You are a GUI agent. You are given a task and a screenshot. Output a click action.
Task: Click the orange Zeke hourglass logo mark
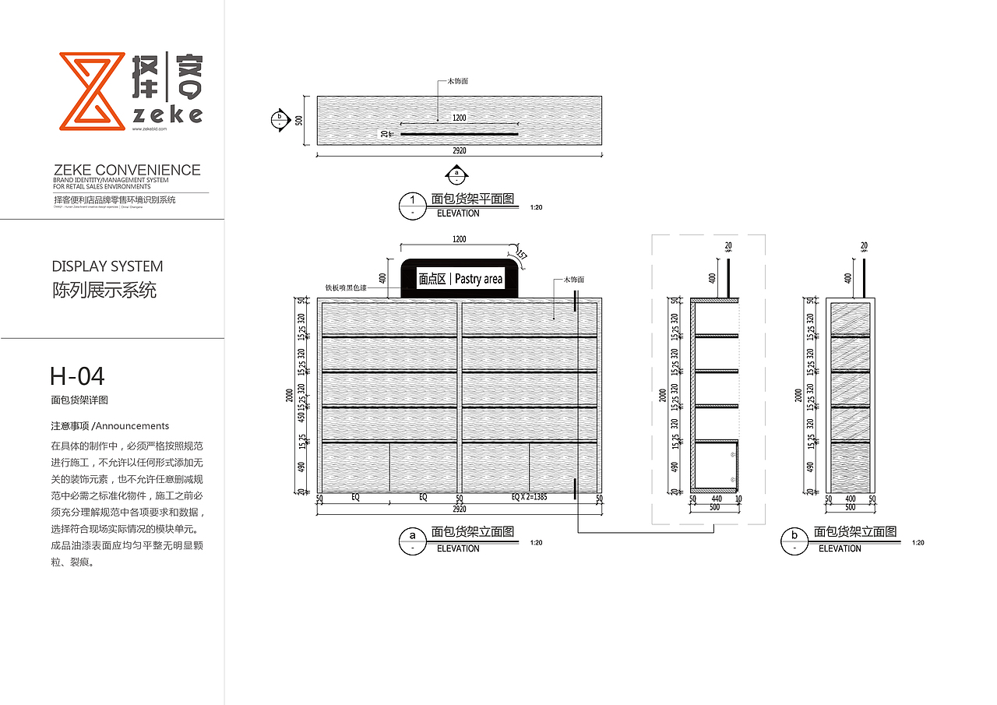92,90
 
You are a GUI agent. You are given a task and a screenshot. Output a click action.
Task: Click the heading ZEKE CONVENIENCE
126,170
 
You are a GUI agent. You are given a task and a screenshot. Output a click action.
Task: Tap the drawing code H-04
77,376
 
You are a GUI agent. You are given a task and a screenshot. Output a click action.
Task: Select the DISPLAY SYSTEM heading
107,266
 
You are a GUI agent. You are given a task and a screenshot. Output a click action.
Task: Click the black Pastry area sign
460,278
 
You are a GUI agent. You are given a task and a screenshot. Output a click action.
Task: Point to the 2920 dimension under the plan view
460,151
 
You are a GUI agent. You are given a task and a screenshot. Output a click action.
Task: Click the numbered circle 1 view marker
412,205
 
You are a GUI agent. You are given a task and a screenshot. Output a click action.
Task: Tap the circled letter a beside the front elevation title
411,540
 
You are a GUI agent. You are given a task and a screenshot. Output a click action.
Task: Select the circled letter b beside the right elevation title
794,540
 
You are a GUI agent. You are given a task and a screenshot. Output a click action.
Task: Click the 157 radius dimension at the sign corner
521,254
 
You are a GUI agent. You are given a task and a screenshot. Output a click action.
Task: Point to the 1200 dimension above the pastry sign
459,239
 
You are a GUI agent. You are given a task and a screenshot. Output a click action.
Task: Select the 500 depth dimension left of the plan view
298,120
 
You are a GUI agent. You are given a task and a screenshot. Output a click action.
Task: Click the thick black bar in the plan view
459,134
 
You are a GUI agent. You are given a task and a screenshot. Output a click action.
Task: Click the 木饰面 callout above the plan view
457,81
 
